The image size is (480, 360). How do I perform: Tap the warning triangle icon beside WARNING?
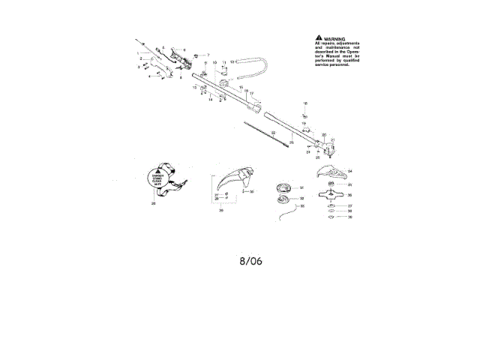pyautogui.click(x=319, y=37)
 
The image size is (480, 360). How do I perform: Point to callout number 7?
pyautogui.click(x=208, y=55)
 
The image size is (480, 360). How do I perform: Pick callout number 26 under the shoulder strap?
pyautogui.click(x=153, y=203)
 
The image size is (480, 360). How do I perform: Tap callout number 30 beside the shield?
pyautogui.click(x=251, y=192)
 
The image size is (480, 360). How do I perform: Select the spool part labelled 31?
pyautogui.click(x=284, y=187)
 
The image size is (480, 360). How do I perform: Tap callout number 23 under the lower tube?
pyautogui.click(x=291, y=142)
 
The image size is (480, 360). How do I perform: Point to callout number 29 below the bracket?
pyautogui.click(x=221, y=211)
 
